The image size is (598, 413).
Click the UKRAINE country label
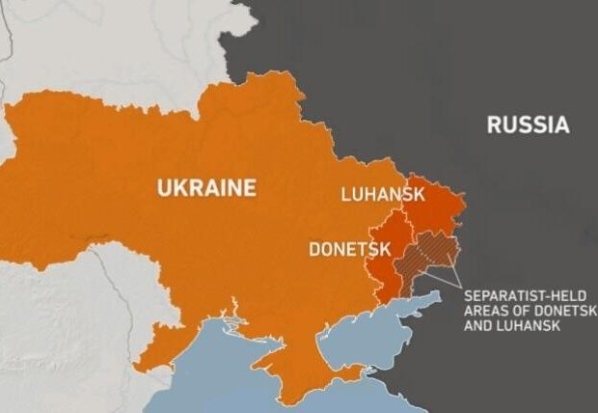(206, 187)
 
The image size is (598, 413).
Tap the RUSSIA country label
(528, 124)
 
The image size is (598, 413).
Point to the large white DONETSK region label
(349, 249)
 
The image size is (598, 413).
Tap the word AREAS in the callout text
(485, 311)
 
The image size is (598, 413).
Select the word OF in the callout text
(521, 311)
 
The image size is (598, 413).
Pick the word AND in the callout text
(478, 326)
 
